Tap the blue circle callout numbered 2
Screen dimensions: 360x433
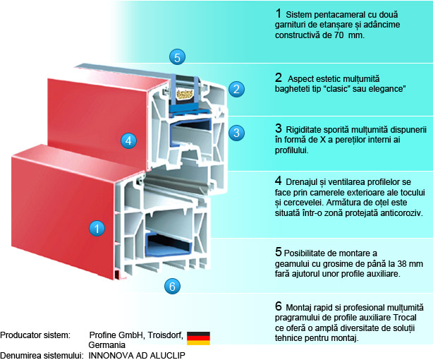tap(237, 89)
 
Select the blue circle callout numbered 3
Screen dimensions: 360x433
tap(237, 132)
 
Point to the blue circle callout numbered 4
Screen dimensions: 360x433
tap(127, 140)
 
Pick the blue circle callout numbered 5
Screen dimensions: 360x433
tap(178, 56)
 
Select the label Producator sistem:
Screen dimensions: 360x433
tap(35, 334)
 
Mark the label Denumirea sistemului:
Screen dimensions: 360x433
tap(42, 355)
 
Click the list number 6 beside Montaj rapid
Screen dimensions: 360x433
tap(278, 307)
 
